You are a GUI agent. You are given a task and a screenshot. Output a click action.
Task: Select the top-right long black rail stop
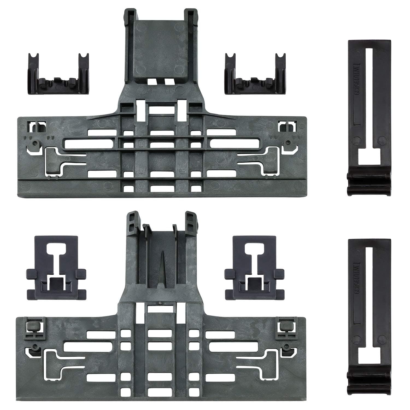[369, 118]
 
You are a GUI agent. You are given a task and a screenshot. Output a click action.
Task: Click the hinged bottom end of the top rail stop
[369, 186]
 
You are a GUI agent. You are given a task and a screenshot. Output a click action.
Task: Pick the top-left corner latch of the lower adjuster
[34, 326]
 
